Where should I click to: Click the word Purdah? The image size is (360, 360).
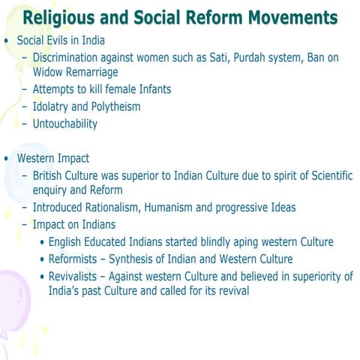coord(262,57)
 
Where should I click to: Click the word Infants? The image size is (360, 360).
coord(150,90)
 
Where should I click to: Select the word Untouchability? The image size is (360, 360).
coord(65,124)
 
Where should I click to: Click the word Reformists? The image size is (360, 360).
coord(76,259)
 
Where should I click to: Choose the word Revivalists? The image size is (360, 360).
coord(77,277)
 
